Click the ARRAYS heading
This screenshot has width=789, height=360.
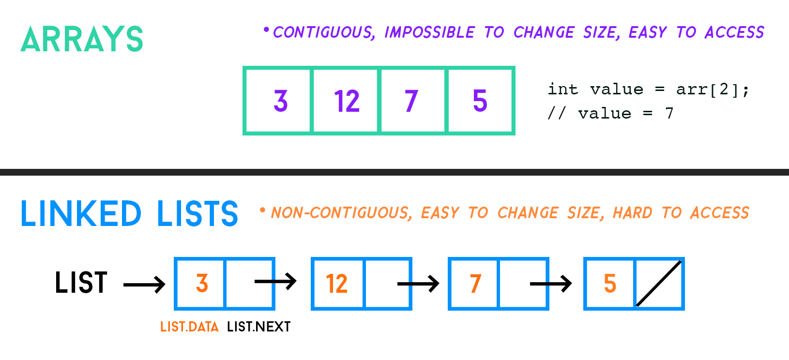pos(82,39)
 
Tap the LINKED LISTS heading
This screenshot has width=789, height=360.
pos(130,213)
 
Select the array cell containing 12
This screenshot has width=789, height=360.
pos(346,101)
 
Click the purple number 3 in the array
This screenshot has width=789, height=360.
pos(281,101)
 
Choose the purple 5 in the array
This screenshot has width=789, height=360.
pos(480,101)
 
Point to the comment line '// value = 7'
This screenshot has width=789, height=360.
pos(610,113)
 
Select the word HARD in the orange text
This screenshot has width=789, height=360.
pos(633,213)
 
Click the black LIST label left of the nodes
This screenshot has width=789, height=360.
pos(81,283)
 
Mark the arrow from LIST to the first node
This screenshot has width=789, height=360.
pos(144,285)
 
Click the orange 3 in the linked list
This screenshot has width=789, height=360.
pos(202,284)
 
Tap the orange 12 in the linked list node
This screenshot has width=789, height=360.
pos(337,284)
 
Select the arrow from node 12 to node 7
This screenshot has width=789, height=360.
pos(418,283)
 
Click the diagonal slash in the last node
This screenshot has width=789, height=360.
pos(659,283)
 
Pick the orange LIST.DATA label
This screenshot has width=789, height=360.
pos(189,327)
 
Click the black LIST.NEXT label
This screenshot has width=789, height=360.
pos(259,327)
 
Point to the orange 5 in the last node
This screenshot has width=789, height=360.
pos(610,284)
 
